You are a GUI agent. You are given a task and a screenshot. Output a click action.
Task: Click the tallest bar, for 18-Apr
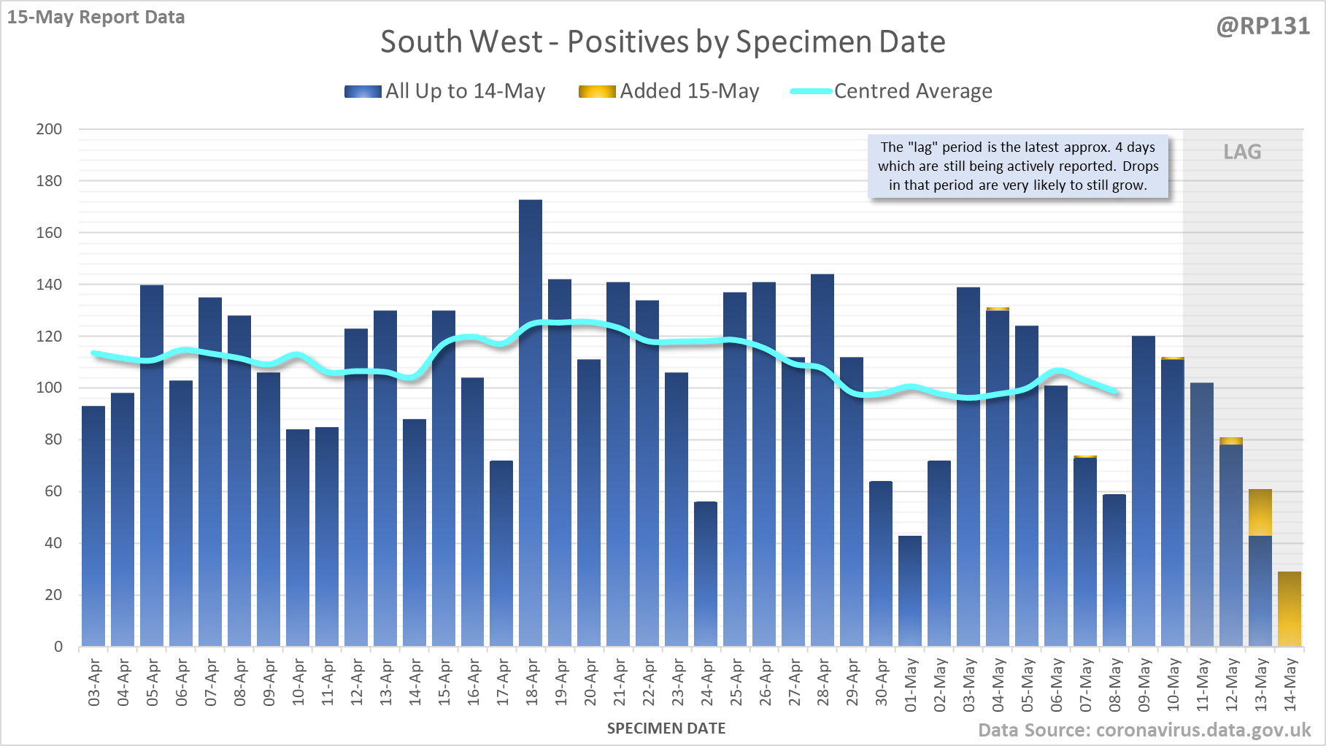(531, 423)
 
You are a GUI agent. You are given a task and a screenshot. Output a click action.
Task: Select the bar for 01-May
(910, 591)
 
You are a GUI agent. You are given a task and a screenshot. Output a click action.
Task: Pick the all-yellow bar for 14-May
(1290, 610)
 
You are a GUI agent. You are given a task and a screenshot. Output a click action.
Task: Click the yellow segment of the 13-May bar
(1260, 512)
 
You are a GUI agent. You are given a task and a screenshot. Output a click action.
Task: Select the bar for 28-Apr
(822, 460)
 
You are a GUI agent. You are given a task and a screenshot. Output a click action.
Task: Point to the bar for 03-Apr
(93, 526)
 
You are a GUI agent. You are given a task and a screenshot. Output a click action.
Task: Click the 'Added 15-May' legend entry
(669, 91)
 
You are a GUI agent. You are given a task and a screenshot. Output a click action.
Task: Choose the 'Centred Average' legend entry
(892, 91)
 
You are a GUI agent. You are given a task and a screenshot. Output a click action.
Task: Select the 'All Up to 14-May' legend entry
(445, 91)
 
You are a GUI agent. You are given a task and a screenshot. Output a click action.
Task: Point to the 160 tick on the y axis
(49, 233)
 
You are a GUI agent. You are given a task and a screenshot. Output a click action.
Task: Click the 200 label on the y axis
(49, 129)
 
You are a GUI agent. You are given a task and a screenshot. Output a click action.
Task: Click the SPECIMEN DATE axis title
(666, 728)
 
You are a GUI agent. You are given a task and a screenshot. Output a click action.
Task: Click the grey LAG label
(1242, 152)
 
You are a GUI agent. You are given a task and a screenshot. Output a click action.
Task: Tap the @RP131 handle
(1263, 26)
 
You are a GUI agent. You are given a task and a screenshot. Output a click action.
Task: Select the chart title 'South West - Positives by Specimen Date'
(663, 42)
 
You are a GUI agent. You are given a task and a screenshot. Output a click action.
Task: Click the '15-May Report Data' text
(96, 17)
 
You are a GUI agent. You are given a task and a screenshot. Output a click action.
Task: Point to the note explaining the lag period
(1018, 166)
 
